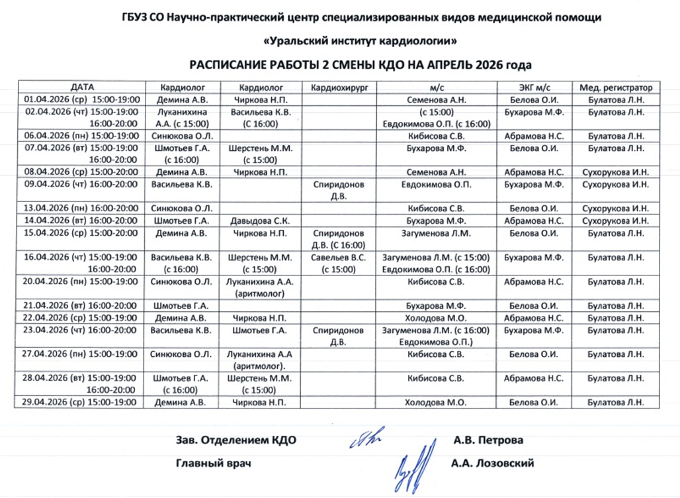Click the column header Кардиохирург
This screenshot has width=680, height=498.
[338, 87]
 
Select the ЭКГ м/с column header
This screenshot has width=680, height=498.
[534, 87]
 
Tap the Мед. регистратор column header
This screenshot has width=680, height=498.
[616, 87]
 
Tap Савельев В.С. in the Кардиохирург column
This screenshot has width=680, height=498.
[338, 258]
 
